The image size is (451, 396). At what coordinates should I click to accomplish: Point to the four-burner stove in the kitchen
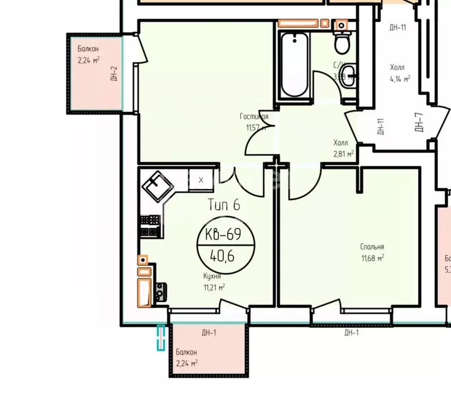(150, 226)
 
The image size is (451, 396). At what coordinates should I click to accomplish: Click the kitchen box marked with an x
(201, 180)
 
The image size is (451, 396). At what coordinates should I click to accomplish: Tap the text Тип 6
(224, 205)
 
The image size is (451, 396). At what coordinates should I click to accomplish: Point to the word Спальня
(372, 247)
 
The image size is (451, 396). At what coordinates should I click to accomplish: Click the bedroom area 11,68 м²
(372, 258)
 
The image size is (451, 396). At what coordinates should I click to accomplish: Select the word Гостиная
(254, 117)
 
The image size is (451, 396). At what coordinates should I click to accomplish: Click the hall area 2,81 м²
(343, 154)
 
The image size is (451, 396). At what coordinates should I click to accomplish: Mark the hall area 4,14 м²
(400, 79)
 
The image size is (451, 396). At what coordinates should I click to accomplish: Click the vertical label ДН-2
(114, 74)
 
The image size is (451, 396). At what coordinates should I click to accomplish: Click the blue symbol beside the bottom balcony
(161, 338)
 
